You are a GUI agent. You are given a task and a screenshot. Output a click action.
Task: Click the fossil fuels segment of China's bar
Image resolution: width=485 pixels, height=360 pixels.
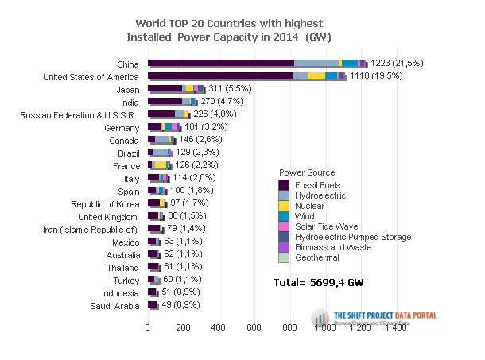click(x=220, y=62)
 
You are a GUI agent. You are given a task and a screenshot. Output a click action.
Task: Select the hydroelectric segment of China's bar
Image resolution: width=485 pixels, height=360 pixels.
click(x=316, y=62)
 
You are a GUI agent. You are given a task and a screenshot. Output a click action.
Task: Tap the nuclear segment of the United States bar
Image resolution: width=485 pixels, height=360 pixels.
click(x=316, y=75)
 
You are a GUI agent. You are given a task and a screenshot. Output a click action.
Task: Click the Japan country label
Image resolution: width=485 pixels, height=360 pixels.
click(x=128, y=90)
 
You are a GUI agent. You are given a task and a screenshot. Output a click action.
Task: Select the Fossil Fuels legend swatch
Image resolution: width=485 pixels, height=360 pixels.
click(x=283, y=185)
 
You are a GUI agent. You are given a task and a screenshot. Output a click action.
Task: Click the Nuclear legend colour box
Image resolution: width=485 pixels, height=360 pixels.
click(x=283, y=206)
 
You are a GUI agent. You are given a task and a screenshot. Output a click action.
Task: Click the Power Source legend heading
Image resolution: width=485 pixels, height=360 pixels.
click(x=307, y=172)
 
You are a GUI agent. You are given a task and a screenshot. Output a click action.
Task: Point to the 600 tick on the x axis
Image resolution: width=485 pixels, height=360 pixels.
click(x=254, y=327)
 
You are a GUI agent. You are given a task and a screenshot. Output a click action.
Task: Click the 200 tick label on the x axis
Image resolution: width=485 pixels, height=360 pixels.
click(x=183, y=327)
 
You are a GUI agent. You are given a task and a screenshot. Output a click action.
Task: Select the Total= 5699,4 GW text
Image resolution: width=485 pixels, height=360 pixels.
click(x=318, y=281)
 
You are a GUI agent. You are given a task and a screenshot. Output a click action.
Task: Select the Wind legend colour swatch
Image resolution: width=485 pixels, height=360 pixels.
click(x=283, y=216)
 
